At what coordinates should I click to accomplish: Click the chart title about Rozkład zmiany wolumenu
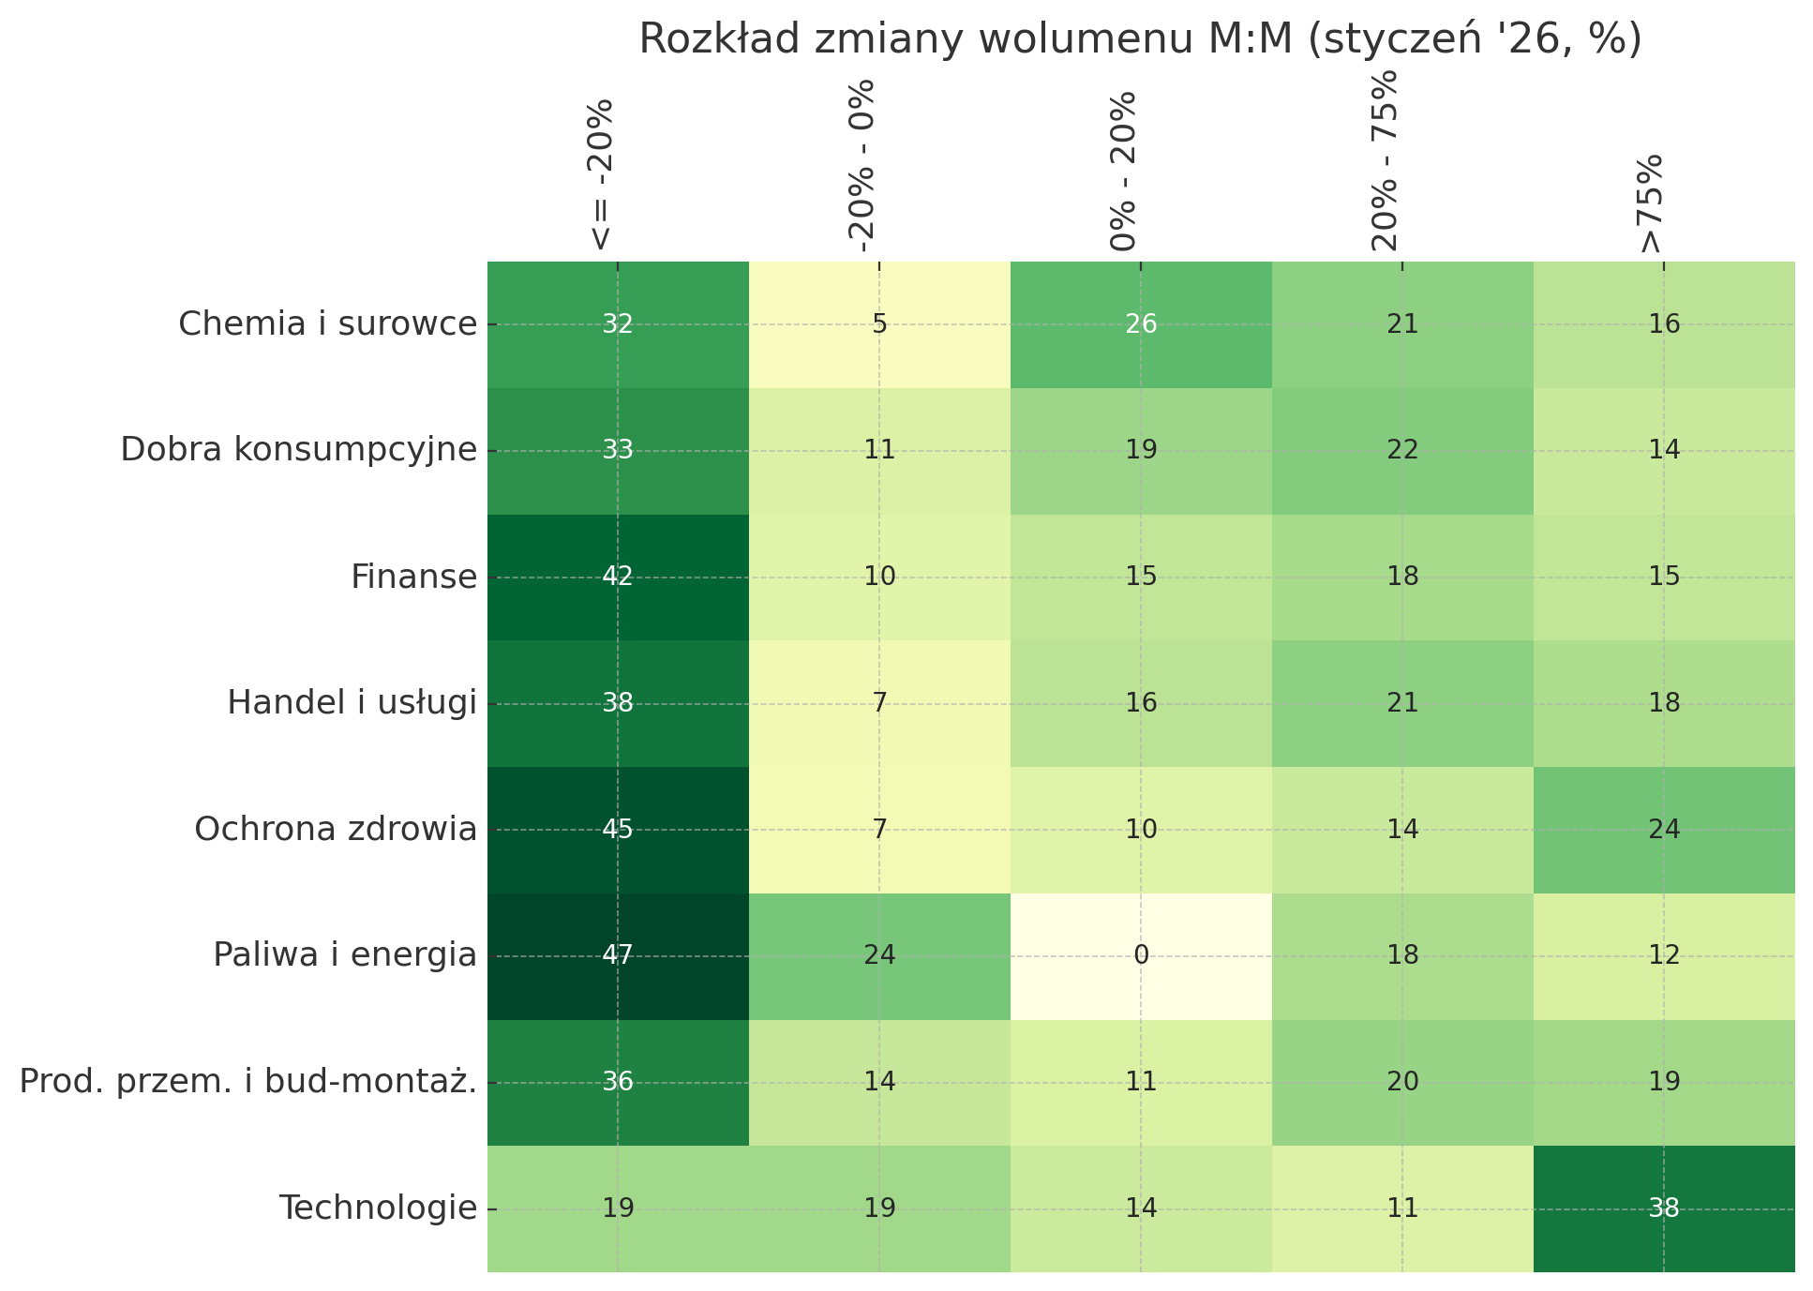(1140, 40)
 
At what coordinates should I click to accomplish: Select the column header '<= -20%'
(601, 174)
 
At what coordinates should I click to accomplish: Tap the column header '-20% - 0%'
(862, 166)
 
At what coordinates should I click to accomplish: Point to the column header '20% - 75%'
(1385, 160)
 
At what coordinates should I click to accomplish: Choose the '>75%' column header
(1649, 203)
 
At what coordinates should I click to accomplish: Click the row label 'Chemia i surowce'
(327, 324)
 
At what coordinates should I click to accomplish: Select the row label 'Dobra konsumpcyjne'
(298, 450)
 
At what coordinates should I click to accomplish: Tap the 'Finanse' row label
(413, 577)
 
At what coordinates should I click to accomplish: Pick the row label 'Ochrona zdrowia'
(335, 830)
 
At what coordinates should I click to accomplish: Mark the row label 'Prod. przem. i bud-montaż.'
(247, 1083)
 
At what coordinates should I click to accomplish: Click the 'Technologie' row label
(378, 1208)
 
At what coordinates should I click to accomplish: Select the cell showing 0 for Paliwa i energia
(1141, 956)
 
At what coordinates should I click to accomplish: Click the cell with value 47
(618, 956)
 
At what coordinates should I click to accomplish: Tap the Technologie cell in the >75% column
(1664, 1208)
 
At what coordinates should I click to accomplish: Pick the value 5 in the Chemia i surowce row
(879, 324)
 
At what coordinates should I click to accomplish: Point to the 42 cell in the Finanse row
(618, 577)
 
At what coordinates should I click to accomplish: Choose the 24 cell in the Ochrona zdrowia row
(1664, 830)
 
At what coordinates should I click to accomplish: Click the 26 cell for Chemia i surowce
(1141, 324)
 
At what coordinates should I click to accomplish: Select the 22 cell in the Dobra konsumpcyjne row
(1402, 450)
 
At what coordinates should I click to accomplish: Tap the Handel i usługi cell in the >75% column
(1664, 703)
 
